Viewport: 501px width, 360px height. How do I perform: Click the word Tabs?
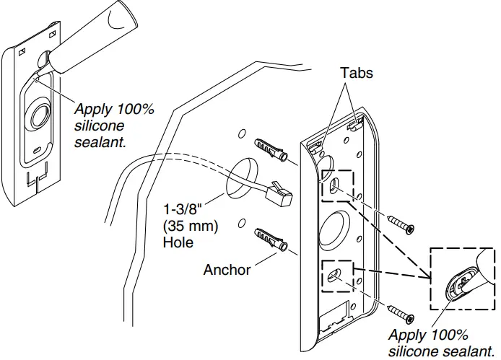[x=357, y=74]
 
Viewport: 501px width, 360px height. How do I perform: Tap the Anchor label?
[x=227, y=270]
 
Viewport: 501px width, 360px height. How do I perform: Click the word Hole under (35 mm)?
[x=178, y=242]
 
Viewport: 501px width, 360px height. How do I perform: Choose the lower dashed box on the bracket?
[x=337, y=276]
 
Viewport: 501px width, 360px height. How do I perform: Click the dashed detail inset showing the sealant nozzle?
[x=462, y=281]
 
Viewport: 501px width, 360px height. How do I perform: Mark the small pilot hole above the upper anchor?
[x=241, y=135]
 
